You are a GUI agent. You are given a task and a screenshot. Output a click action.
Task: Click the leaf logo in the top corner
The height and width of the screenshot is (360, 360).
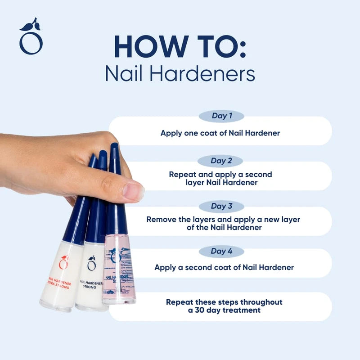point(31,37)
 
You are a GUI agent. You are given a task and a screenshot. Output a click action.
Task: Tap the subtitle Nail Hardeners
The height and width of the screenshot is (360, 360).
point(180,74)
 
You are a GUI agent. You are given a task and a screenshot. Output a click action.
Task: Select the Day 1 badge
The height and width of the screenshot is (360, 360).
point(221,116)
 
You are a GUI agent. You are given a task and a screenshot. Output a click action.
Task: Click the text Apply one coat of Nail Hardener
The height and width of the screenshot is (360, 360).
point(220,133)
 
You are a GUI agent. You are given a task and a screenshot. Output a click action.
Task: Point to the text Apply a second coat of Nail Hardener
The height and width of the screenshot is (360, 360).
point(224,267)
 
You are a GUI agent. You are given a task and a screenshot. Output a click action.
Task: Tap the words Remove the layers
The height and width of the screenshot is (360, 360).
point(175,219)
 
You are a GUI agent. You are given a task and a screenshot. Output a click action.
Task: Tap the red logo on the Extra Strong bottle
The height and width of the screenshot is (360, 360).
point(63,262)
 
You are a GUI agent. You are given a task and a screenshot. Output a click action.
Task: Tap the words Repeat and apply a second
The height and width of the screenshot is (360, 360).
point(220,174)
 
